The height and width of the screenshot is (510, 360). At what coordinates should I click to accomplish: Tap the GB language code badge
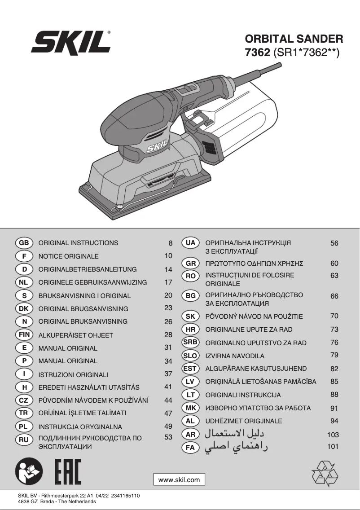(x=24, y=243)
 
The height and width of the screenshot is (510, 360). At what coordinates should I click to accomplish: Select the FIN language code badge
(x=24, y=335)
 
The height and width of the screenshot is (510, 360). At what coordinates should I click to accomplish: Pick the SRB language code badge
(x=190, y=342)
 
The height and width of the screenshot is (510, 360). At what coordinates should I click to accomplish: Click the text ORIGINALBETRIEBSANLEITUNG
(x=88, y=269)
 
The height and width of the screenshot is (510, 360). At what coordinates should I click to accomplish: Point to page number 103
(x=333, y=435)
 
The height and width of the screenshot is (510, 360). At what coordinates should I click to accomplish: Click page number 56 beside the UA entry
(x=334, y=243)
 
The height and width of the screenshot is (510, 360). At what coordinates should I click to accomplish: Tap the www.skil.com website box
(x=179, y=479)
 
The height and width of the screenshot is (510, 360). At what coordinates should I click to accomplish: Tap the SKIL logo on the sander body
(x=157, y=146)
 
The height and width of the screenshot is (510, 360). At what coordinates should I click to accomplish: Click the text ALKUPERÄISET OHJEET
(x=76, y=335)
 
